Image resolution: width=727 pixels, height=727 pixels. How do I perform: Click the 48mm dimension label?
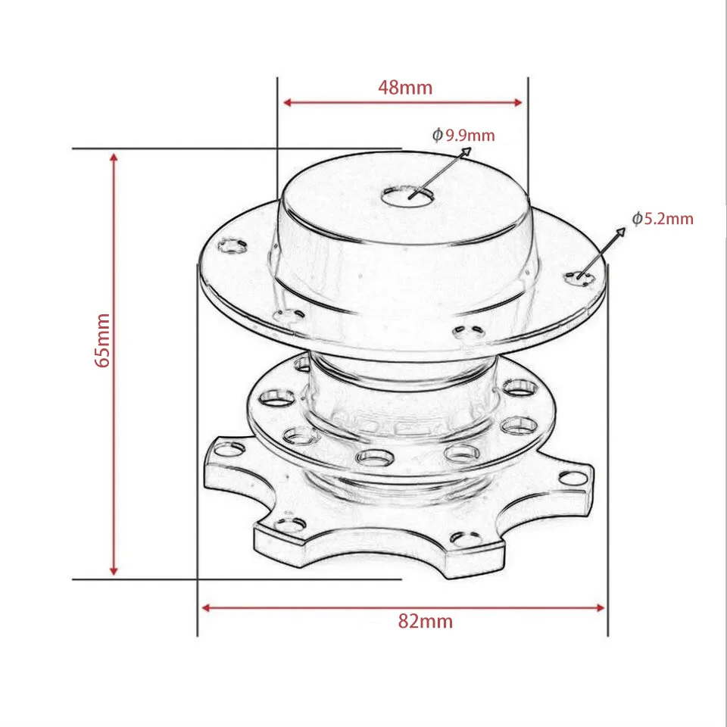pos(405,87)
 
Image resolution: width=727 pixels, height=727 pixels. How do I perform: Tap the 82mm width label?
pos(425,622)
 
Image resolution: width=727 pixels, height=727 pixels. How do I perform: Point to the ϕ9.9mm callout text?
pos(463,136)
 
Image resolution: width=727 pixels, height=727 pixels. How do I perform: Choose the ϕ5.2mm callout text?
pos(663,219)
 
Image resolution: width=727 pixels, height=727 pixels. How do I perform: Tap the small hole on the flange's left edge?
pos(232,245)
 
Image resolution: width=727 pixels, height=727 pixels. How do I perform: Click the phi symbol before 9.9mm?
pos(437,136)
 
